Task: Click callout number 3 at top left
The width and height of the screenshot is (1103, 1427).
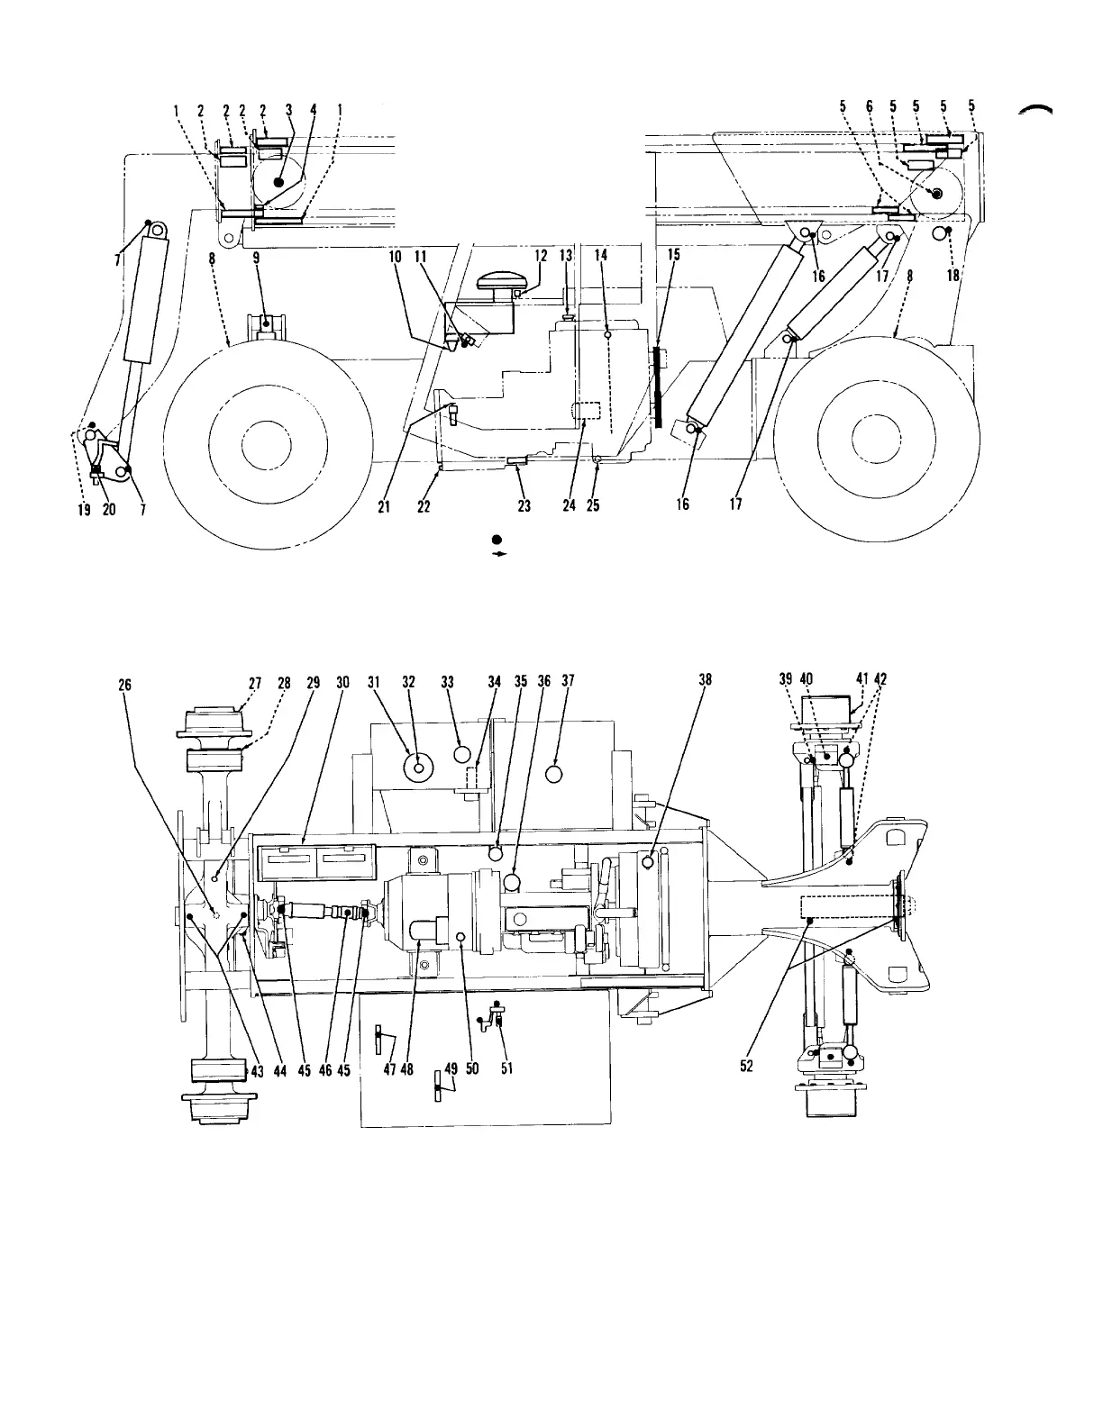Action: coord(289,110)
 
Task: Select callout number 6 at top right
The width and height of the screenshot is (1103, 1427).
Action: coord(870,106)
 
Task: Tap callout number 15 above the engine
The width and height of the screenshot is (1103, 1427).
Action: coord(673,256)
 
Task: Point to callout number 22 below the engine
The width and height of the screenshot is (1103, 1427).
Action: coord(424,506)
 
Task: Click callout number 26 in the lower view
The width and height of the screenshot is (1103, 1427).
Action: coord(125,685)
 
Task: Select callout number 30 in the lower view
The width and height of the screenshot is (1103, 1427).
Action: coord(342,683)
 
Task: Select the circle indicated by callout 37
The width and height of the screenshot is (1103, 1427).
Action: coord(555,774)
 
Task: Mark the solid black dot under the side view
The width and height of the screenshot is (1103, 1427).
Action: coord(496,540)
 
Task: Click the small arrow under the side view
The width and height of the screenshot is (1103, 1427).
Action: coord(496,555)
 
